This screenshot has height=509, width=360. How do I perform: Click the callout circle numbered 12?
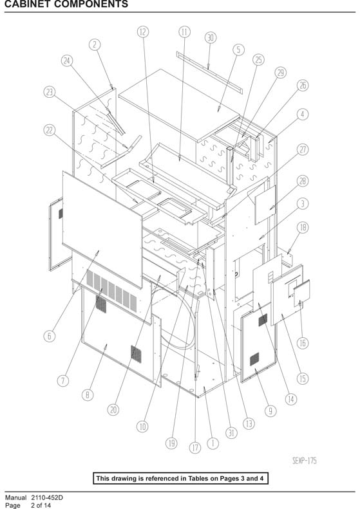tap(143, 32)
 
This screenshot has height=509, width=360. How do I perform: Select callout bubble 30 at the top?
tap(211, 38)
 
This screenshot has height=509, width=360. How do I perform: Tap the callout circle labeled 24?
tap(67, 60)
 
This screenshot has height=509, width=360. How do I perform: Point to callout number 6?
tap(50, 336)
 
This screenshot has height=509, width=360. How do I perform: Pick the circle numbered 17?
tap(195, 448)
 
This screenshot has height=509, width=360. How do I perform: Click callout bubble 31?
tap(231, 432)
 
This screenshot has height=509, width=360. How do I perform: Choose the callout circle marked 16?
tap(303, 343)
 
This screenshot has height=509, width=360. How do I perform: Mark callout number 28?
tap(303, 181)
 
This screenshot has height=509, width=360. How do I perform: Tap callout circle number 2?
tap(95, 44)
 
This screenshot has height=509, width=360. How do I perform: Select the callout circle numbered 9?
tap(270, 411)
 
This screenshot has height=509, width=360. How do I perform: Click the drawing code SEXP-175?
tap(305, 460)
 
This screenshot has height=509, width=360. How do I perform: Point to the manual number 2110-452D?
tap(47, 497)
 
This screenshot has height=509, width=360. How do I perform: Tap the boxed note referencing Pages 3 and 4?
tap(181, 478)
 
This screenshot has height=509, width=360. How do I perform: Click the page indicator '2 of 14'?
tap(41, 505)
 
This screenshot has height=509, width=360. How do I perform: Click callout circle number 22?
tap(50, 130)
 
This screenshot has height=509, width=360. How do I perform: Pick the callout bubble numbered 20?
tap(113, 410)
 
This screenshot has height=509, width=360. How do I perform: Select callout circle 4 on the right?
tap(303, 115)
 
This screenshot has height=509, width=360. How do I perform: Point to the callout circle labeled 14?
tap(291, 399)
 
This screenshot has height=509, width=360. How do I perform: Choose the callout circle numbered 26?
tap(303, 86)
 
